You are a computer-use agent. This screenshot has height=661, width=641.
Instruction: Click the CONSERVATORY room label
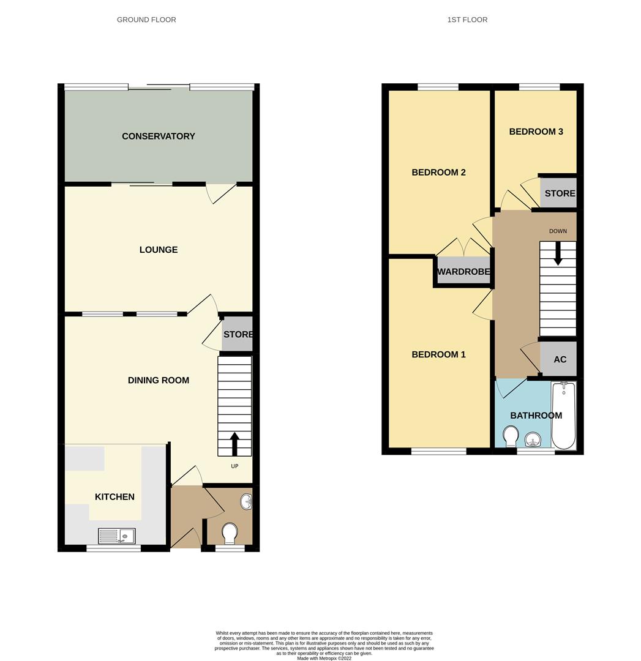point(158,136)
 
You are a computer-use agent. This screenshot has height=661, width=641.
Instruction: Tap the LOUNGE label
point(158,250)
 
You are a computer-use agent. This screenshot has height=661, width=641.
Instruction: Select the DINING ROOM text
point(158,380)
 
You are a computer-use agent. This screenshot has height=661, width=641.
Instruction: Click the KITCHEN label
point(114,496)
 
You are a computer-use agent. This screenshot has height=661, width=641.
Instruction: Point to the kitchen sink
point(117,536)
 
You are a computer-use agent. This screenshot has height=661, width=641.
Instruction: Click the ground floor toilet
point(230,532)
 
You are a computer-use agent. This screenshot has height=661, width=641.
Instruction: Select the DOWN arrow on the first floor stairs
point(558,253)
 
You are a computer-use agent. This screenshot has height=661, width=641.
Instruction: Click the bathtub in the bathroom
point(563,415)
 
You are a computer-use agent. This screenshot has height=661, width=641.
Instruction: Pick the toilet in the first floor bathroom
point(510,436)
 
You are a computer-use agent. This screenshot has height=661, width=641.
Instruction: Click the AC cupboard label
point(560,359)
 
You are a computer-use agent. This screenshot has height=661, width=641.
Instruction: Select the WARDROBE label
point(463,271)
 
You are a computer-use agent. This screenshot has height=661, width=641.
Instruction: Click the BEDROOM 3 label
point(536,132)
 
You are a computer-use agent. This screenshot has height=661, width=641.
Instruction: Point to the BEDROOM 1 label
point(438,354)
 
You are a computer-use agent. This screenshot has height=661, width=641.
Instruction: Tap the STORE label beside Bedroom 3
point(560,193)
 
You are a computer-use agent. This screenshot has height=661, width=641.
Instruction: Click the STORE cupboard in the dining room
point(238,334)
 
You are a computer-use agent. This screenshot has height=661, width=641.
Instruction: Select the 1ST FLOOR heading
point(467,20)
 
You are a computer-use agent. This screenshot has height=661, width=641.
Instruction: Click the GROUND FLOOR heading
point(146,20)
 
